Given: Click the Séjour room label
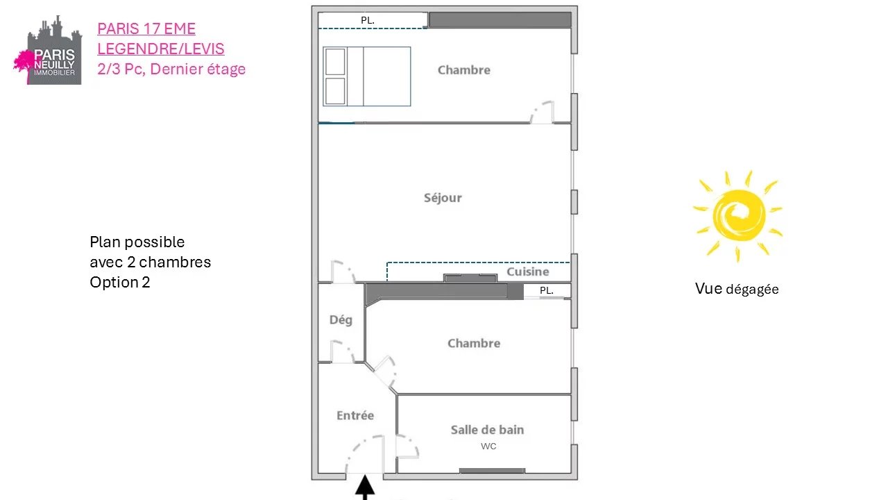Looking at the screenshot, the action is click(443, 198).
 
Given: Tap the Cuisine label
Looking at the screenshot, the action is click(528, 272).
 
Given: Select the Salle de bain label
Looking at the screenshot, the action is click(487, 429).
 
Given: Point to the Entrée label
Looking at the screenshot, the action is click(355, 415).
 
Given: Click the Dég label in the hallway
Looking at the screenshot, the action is click(341, 320).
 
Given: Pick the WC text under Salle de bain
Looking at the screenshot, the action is click(488, 446).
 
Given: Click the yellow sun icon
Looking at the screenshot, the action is click(738, 216).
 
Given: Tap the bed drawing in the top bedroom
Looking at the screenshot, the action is click(367, 76).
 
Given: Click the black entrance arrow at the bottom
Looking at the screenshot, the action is click(365, 487).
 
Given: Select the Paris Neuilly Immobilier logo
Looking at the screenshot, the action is click(48, 50).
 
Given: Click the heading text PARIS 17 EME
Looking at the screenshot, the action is click(146, 28).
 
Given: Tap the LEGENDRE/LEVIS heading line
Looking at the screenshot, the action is click(160, 49).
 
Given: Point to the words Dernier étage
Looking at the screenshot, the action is click(198, 69).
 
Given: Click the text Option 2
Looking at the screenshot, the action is click(120, 282).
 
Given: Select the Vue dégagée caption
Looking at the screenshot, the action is click(737, 289).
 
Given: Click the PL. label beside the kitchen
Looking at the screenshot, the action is click(546, 290).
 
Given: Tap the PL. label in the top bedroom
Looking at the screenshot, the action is click(368, 20).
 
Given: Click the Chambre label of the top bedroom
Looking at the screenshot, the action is click(464, 70).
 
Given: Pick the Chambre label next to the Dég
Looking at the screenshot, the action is click(474, 343).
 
